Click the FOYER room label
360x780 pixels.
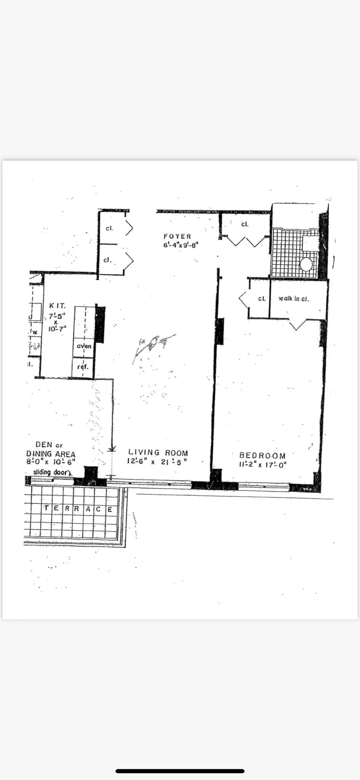177,237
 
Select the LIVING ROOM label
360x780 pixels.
158,452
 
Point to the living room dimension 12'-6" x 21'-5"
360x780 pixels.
157,462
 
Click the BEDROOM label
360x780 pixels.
262,455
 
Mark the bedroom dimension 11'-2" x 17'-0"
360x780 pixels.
262,465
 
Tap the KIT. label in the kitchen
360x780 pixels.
57,305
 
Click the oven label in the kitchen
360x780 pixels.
84,346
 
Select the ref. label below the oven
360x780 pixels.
83,367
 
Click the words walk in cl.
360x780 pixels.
293,299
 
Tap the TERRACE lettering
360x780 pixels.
78,509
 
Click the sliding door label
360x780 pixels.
52,472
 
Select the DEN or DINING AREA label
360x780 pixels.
50,450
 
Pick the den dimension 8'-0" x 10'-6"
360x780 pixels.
51,462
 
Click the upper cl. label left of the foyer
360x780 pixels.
109,228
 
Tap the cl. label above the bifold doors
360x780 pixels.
245,224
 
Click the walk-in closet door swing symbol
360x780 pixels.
298,325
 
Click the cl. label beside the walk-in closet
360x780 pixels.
262,299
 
